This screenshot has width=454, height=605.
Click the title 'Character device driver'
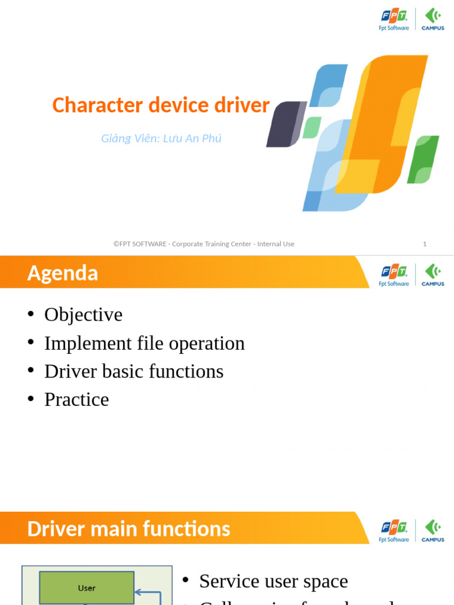[x=161, y=105]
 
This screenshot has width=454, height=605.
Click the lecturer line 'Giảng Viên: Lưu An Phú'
[x=161, y=138]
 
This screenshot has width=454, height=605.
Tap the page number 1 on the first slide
[x=424, y=244]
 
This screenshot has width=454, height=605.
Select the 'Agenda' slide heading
[x=63, y=273]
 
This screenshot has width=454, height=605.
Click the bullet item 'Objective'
[x=83, y=314]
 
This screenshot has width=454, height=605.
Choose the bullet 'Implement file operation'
[x=144, y=343]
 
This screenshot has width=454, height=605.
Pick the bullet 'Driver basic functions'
[x=134, y=371]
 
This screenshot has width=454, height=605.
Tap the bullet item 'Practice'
[x=76, y=399]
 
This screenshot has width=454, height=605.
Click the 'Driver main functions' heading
[x=129, y=528]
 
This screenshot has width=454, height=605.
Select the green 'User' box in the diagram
[x=87, y=588]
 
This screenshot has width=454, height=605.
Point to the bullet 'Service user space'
[x=273, y=581]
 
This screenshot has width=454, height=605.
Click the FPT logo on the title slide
[x=394, y=19]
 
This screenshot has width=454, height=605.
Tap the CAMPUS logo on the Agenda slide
[x=433, y=275]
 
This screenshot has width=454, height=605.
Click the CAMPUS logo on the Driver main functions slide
[x=433, y=531]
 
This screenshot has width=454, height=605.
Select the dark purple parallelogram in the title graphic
[x=286, y=124]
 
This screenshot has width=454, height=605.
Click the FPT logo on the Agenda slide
[x=394, y=275]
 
